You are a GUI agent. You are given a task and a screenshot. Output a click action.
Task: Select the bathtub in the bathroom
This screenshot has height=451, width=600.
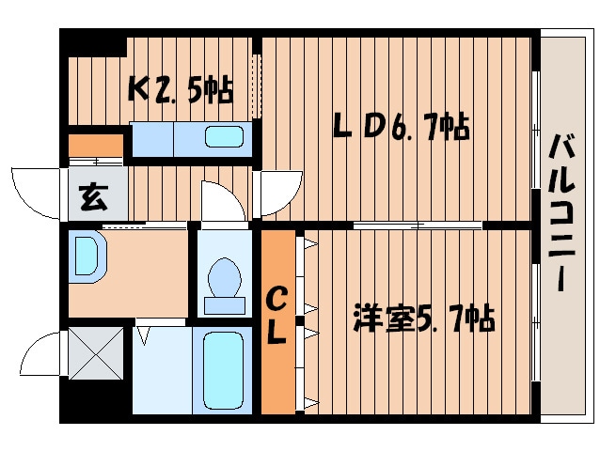point(223,369)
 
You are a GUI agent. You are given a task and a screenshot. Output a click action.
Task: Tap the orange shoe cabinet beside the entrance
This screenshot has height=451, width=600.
point(95,146)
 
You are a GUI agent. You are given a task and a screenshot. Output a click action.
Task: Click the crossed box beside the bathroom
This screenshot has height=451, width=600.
point(96,352)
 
